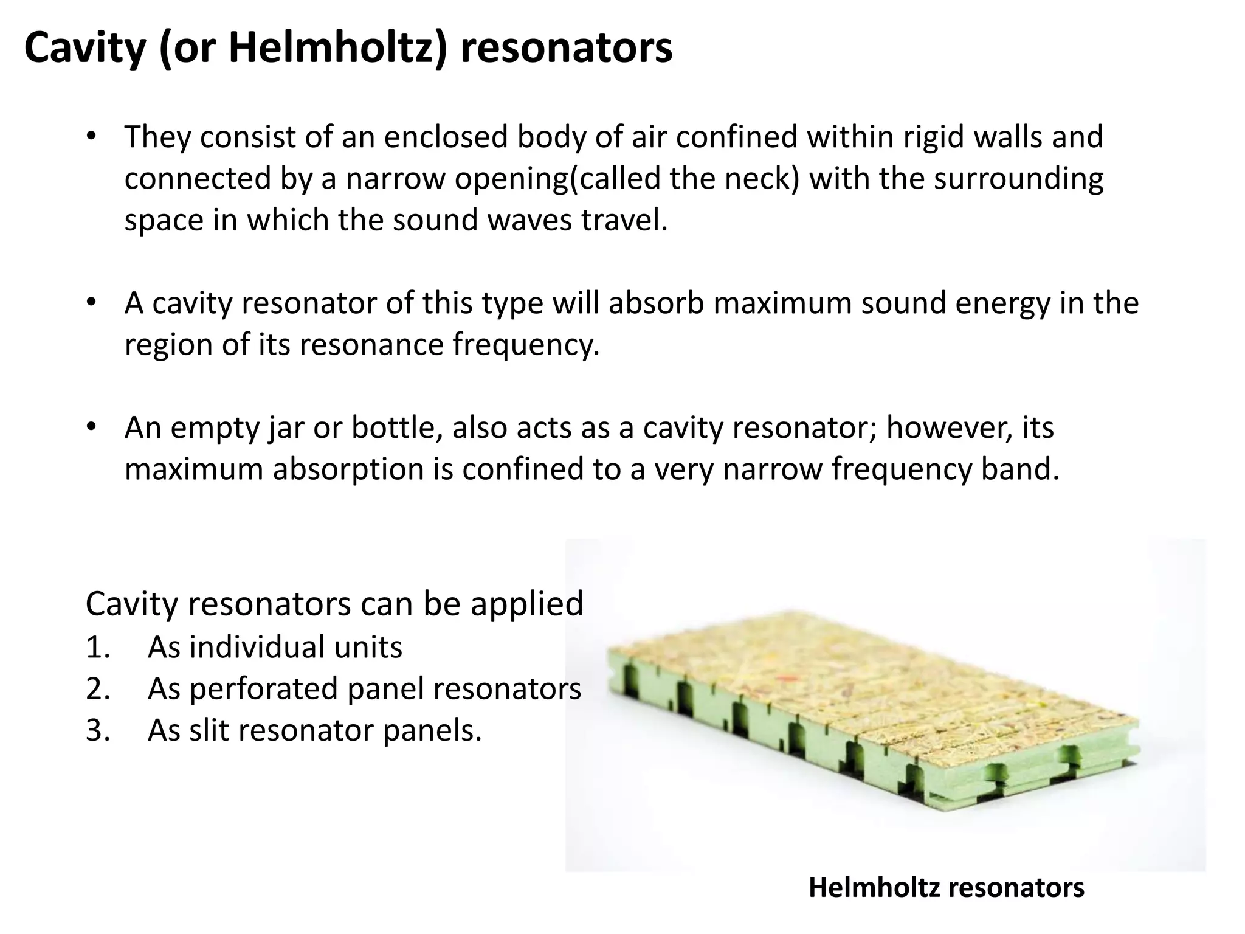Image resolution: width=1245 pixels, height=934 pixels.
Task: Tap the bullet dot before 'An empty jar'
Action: [x=91, y=427]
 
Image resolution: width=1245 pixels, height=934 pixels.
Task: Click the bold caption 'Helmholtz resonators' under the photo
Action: [x=947, y=888]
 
